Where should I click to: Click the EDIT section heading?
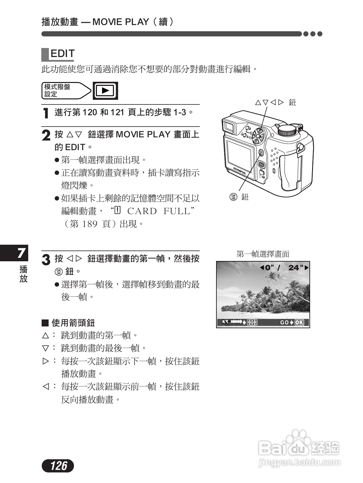(62, 54)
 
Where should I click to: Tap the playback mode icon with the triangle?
(105, 91)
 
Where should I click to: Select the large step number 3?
(46, 260)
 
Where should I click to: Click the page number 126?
(58, 466)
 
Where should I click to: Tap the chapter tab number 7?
(21, 253)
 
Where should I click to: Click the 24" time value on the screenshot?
(296, 268)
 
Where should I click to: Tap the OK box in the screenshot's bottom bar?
(299, 322)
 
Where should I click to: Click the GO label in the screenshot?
(284, 322)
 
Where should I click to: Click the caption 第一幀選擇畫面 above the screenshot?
(263, 254)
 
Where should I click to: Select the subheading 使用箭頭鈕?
(73, 323)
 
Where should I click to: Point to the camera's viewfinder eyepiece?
(229, 127)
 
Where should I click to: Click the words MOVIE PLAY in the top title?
(120, 22)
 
